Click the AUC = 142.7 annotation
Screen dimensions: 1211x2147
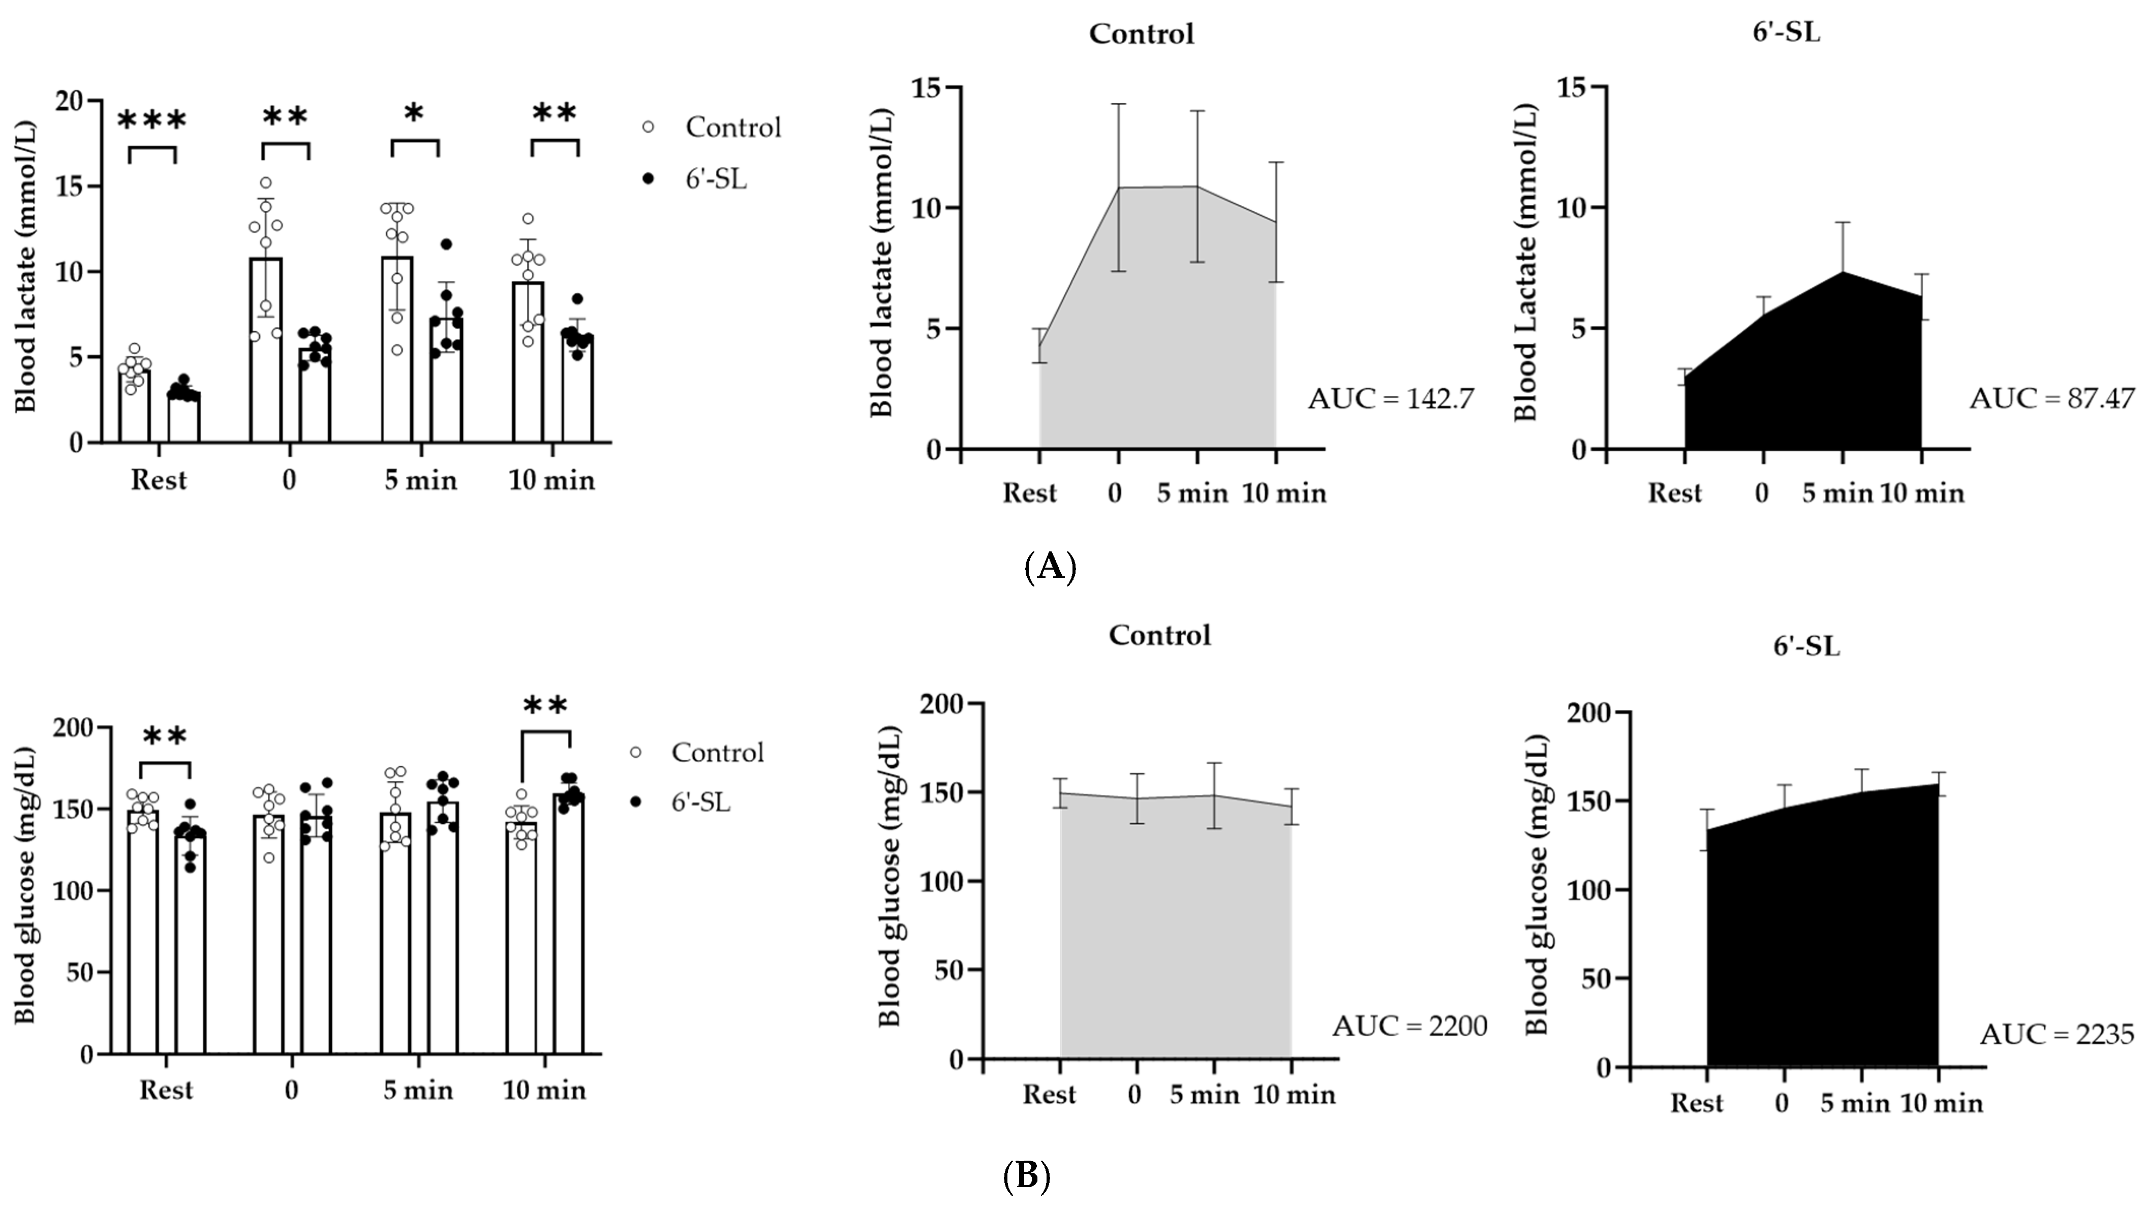click(x=1390, y=399)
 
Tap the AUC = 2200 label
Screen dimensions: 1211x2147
click(x=1409, y=1026)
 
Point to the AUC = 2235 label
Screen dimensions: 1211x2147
click(x=2056, y=1034)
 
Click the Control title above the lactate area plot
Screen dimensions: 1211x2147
click(x=1141, y=34)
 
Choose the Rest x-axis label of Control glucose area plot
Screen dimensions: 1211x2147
click(x=1049, y=1094)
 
